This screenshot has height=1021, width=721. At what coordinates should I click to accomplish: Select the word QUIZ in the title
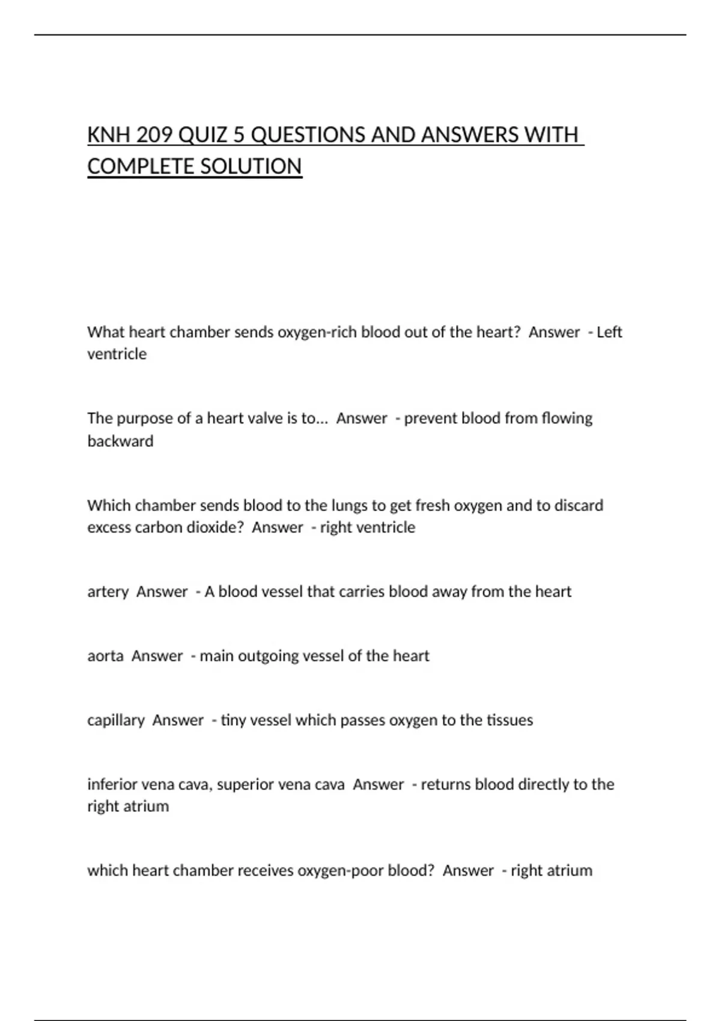[203, 135]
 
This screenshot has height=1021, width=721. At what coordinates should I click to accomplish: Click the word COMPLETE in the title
[139, 166]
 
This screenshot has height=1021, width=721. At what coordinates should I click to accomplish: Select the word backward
[120, 441]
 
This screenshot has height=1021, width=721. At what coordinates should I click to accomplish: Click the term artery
[108, 592]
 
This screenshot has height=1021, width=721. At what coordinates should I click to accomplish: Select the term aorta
[106, 656]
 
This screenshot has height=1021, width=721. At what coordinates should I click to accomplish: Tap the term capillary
[116, 720]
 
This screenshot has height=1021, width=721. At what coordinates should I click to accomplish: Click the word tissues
[510, 720]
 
